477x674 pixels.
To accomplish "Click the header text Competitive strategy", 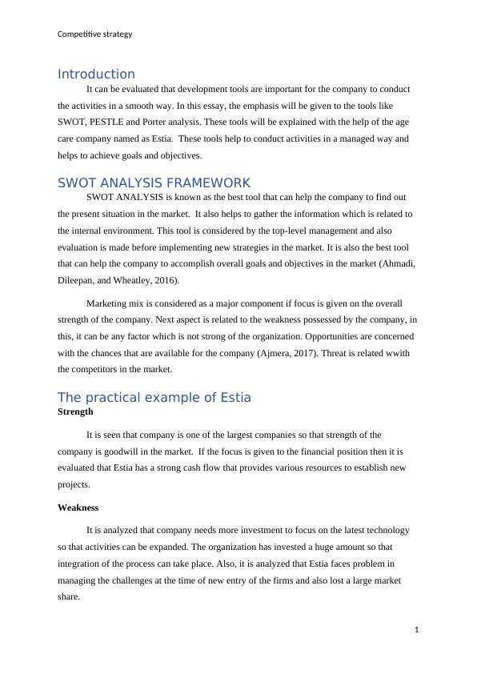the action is (x=95, y=34).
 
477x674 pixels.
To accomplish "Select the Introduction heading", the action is (x=96, y=74).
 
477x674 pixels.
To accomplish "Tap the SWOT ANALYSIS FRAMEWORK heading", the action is (x=154, y=183).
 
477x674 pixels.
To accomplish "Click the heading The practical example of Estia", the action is (x=154, y=398).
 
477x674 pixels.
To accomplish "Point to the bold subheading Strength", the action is (x=75, y=411).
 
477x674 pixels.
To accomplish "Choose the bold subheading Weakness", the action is (x=78, y=508).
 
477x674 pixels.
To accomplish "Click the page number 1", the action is (x=417, y=630).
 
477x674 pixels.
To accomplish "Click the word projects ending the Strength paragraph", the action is (x=74, y=485).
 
